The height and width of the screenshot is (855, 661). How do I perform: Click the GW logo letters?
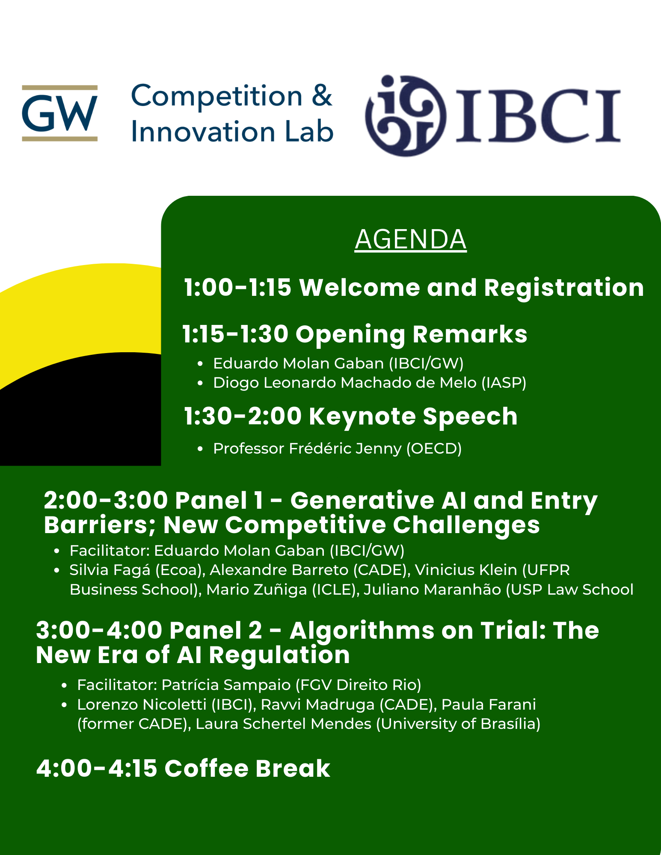point(60,113)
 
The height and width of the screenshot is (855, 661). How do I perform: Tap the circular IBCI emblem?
point(406,115)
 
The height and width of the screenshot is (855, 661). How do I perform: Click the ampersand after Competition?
point(322,95)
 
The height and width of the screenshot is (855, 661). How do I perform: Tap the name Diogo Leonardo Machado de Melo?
point(345,383)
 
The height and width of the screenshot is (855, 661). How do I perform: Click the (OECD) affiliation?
point(434,449)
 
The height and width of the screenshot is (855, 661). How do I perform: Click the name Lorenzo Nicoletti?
point(142,705)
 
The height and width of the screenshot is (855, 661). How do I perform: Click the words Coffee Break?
point(247,768)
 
